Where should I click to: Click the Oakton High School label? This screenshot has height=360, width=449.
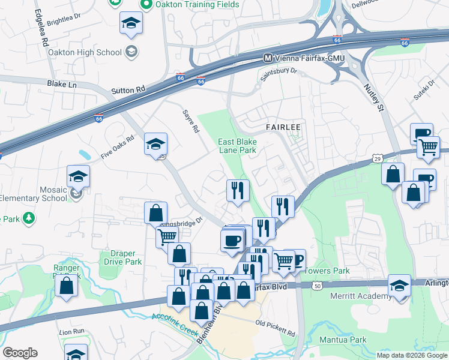[92, 52]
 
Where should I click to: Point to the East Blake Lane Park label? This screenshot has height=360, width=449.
[237, 146]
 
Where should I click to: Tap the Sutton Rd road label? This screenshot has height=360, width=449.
[128, 90]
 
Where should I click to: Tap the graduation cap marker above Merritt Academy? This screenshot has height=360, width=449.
[399, 286]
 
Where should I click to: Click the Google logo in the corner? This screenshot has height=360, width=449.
[20, 353]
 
